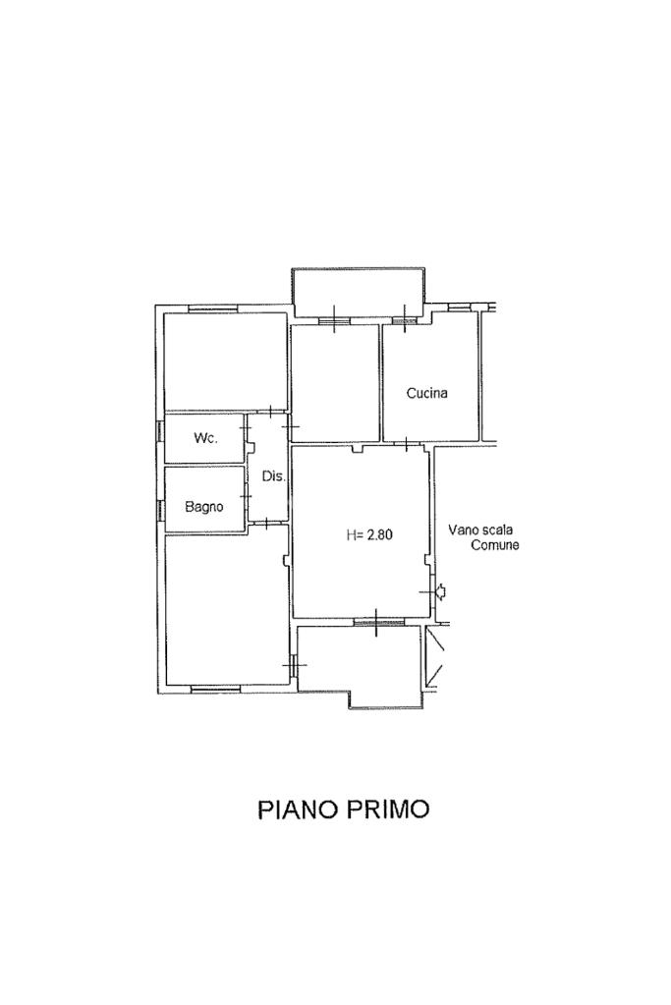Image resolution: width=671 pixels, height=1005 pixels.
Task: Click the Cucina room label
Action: (x=426, y=393)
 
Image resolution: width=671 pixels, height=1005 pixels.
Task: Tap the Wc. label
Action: (x=205, y=438)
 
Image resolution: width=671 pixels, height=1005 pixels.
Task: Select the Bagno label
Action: (x=204, y=506)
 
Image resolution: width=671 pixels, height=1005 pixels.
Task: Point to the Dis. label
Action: (x=274, y=476)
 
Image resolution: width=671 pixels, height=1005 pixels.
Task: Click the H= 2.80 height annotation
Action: (x=369, y=534)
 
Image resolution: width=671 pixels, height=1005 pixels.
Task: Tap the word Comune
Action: (x=495, y=545)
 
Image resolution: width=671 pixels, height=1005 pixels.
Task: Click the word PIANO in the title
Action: (x=299, y=809)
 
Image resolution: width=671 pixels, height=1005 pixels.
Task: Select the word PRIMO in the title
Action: (x=388, y=809)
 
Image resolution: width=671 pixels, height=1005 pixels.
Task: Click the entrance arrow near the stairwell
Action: (x=441, y=591)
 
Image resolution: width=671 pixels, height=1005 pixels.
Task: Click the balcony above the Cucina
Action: (x=359, y=293)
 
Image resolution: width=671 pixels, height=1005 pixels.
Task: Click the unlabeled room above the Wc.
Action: (x=225, y=361)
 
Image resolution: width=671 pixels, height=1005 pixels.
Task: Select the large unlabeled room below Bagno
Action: (x=227, y=609)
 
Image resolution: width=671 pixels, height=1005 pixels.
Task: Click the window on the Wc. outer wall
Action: (x=159, y=430)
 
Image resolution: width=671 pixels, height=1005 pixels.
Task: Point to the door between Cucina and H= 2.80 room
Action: (x=408, y=443)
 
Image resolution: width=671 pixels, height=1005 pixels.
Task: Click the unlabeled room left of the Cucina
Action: (x=335, y=382)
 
